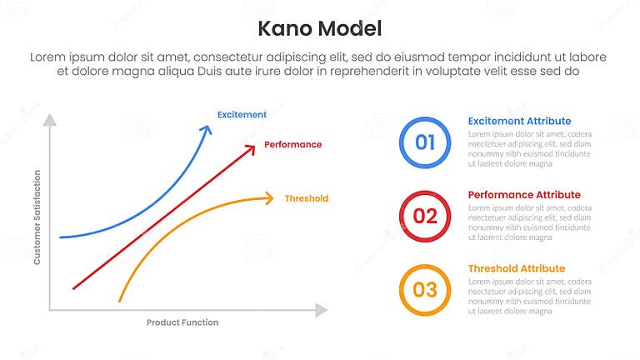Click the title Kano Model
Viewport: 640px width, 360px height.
[x=320, y=28]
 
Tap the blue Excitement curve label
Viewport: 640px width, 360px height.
[x=242, y=114]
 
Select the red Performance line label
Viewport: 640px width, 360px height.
[x=292, y=144]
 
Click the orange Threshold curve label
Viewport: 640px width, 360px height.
[x=306, y=198]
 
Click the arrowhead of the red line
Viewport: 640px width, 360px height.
[x=251, y=147]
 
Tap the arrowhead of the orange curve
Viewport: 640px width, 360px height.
[x=268, y=197]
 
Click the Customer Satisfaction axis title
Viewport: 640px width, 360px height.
[x=37, y=217]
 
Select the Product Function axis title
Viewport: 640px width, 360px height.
[x=182, y=322]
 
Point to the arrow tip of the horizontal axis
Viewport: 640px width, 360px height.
[x=322, y=310]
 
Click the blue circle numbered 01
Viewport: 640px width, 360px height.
[x=425, y=142]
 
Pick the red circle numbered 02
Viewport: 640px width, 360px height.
[x=425, y=216]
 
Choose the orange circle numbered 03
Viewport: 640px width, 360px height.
[x=425, y=289]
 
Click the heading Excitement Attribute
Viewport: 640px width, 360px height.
[x=519, y=121]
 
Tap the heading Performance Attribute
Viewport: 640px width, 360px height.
[x=524, y=195]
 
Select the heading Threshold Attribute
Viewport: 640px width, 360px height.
[x=516, y=268]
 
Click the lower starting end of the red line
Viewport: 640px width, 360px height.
[x=74, y=288]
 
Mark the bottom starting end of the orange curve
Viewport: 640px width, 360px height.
[x=120, y=300]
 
